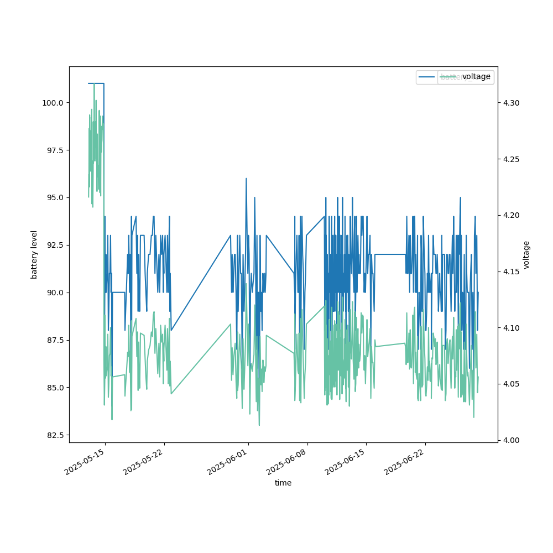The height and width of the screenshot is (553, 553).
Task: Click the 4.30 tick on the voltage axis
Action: (x=511, y=103)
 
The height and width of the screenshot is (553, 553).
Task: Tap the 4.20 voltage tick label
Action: (x=511, y=215)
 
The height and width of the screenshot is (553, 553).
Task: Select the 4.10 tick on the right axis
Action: (x=511, y=328)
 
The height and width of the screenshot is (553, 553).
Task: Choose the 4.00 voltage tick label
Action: (x=511, y=440)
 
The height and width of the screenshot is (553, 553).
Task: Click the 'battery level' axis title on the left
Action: (x=34, y=254)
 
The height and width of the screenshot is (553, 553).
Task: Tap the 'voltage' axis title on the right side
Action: (x=526, y=254)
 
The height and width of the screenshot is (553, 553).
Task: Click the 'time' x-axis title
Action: (x=283, y=483)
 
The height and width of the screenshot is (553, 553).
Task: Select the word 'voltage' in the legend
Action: (x=476, y=77)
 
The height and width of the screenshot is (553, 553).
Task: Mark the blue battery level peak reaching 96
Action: (x=246, y=179)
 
